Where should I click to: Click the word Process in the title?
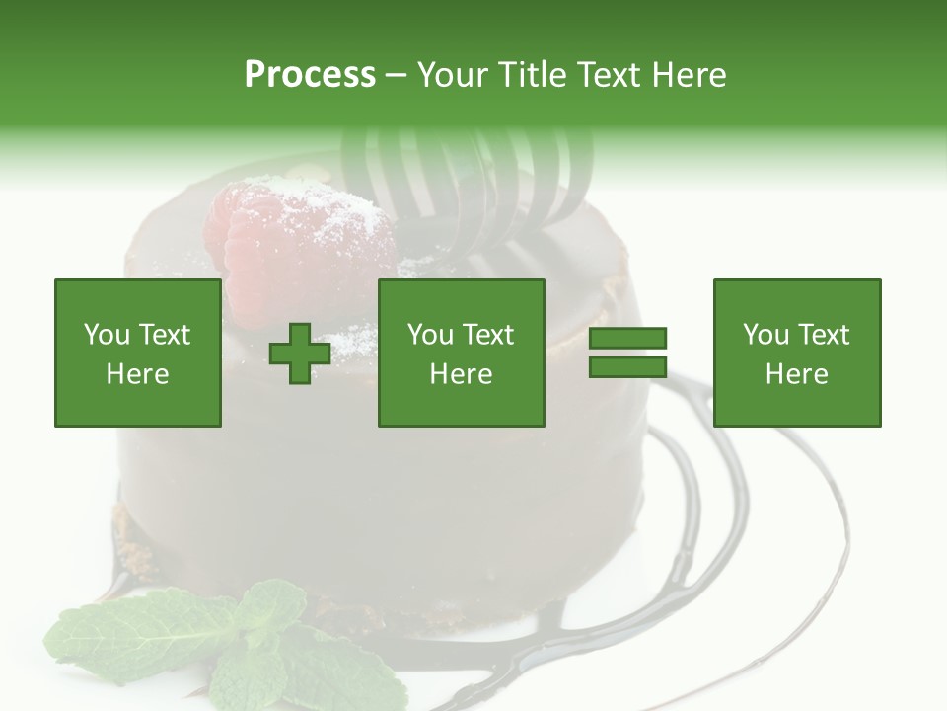[x=310, y=75]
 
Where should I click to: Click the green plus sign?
[x=300, y=354]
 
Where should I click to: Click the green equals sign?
[x=627, y=353]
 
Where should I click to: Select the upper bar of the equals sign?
[x=627, y=339]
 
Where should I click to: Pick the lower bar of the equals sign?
[x=627, y=366]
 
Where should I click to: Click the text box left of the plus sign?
[x=137, y=353]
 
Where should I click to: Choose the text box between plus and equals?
[x=461, y=353]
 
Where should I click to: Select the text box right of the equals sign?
[x=796, y=353]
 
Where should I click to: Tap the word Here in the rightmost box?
[x=796, y=373]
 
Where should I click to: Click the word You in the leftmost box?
[x=107, y=335]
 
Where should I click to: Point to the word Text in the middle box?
[x=488, y=335]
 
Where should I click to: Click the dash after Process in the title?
[x=395, y=75]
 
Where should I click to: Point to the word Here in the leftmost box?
[x=137, y=373]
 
